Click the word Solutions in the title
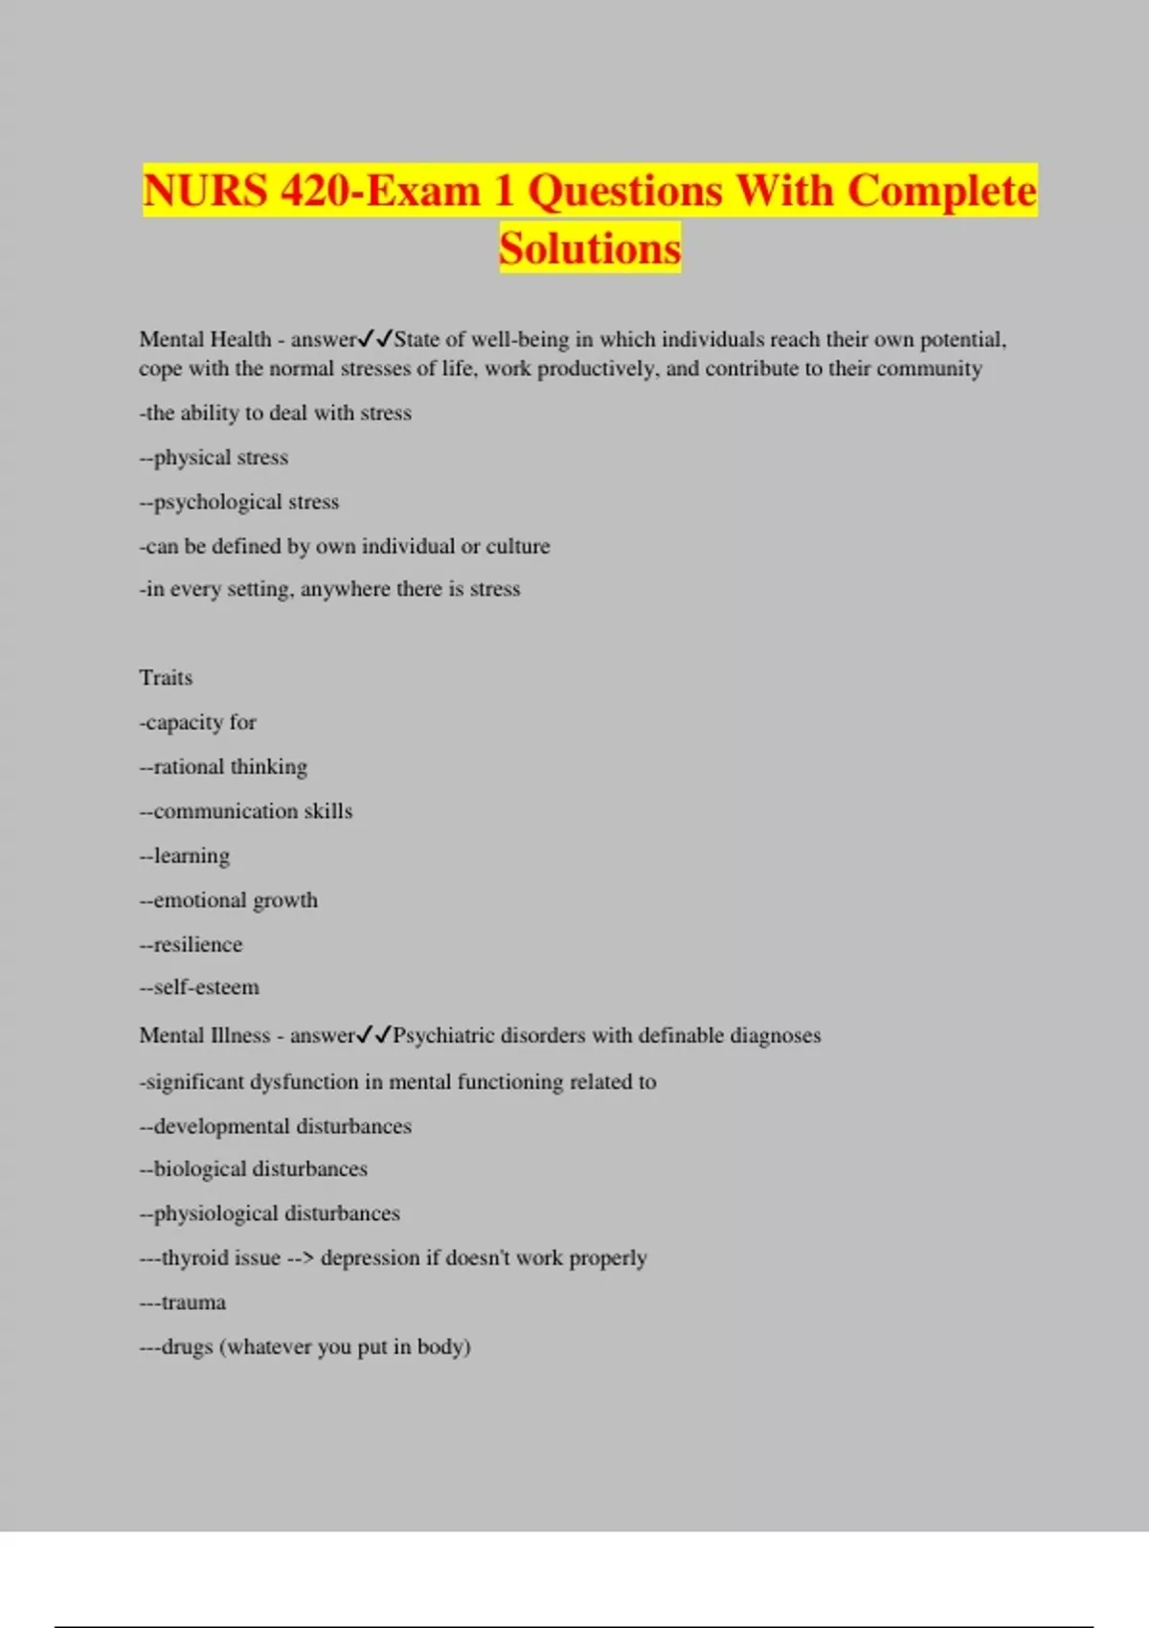pos(590,248)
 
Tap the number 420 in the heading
pos(316,190)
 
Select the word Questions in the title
pos(624,190)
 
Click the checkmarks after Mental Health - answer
pos(375,339)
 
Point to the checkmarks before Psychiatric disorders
pos(374,1035)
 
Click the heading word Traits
pos(166,678)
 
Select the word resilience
pos(198,944)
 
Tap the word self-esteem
pos(206,987)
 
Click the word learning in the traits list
pos(191,856)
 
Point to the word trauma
pos(193,1302)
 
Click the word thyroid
pos(192,1257)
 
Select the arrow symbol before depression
pos(301,1257)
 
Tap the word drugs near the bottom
pos(187,1347)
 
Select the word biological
pos(199,1169)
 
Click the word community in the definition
pos(929,369)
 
